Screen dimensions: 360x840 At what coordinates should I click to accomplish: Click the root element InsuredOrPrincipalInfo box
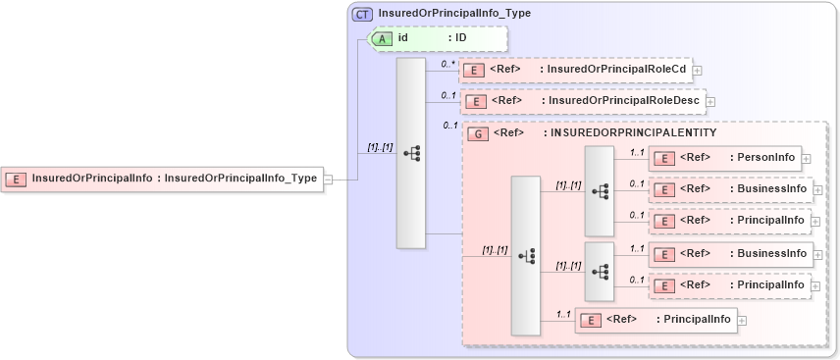pyautogui.click(x=162, y=179)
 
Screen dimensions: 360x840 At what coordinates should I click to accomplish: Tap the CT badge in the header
pyautogui.click(x=362, y=15)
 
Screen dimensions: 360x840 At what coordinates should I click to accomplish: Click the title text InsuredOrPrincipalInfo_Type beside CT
pyautogui.click(x=454, y=15)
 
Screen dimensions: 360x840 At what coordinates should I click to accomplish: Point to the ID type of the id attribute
pyautogui.click(x=459, y=38)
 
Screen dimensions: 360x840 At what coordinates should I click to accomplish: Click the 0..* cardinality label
pyautogui.click(x=448, y=64)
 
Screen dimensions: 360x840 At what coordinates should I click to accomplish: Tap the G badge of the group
pyautogui.click(x=477, y=132)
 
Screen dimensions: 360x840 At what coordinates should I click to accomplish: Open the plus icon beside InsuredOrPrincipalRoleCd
pyautogui.click(x=697, y=71)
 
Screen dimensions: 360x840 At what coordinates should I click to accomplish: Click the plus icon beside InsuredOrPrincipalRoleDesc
pyautogui.click(x=710, y=101)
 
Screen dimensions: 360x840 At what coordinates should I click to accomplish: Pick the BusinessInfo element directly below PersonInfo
pyautogui.click(x=731, y=189)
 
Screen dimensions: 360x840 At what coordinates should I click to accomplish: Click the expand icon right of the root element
pyautogui.click(x=329, y=179)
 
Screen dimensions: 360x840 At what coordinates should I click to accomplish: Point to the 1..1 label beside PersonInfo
pyautogui.click(x=636, y=152)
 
